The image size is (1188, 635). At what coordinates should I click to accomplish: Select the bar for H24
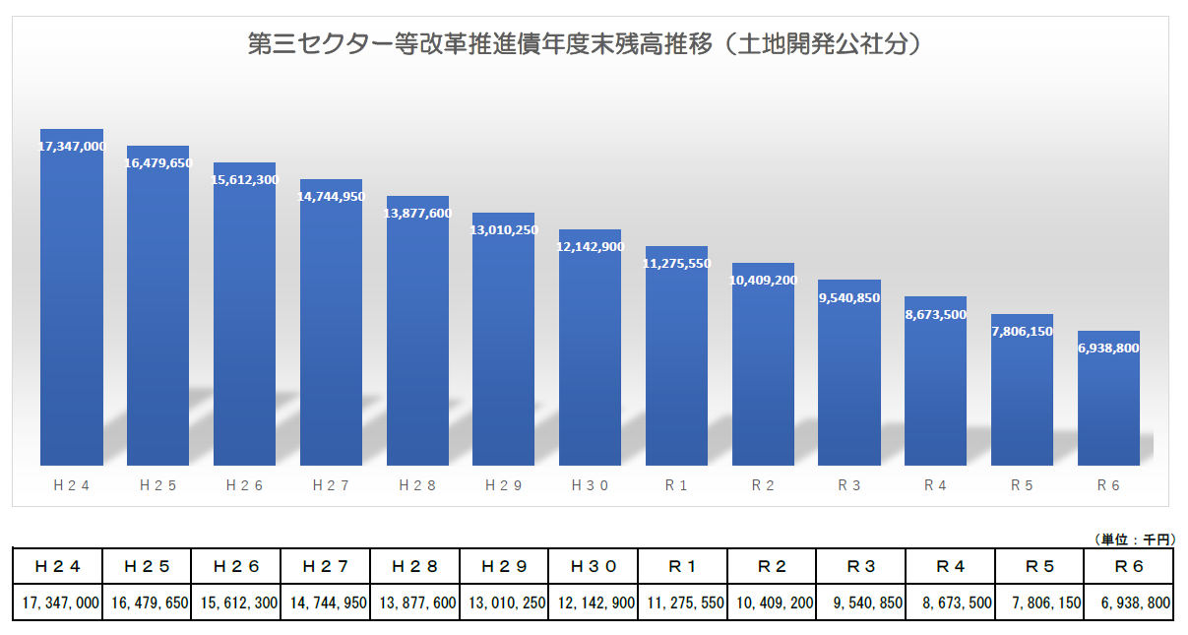[72, 305]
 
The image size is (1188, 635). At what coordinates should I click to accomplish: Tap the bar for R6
[1109, 404]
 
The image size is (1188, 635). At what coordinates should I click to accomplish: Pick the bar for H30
[591, 354]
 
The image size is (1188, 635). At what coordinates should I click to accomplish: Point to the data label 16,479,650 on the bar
[158, 163]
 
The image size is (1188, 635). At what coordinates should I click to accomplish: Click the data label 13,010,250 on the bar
[504, 230]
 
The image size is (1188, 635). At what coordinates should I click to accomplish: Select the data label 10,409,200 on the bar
[763, 281]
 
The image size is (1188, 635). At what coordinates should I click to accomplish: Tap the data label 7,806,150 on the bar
[1023, 332]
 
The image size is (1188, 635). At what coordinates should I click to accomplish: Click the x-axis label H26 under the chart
[244, 484]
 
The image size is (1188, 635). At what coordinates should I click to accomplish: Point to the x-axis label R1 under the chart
[676, 484]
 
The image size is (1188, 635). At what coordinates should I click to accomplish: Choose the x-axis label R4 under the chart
[936, 484]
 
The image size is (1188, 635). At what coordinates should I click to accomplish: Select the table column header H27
[326, 566]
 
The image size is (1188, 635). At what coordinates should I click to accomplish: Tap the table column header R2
[772, 566]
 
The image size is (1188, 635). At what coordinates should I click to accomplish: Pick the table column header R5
[1039, 566]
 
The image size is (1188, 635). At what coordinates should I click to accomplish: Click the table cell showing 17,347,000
[57, 603]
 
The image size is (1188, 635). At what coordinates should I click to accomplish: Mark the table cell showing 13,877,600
[414, 603]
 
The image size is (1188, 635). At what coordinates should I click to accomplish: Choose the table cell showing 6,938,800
[1129, 603]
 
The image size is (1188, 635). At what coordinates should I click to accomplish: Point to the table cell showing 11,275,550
[682, 603]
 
